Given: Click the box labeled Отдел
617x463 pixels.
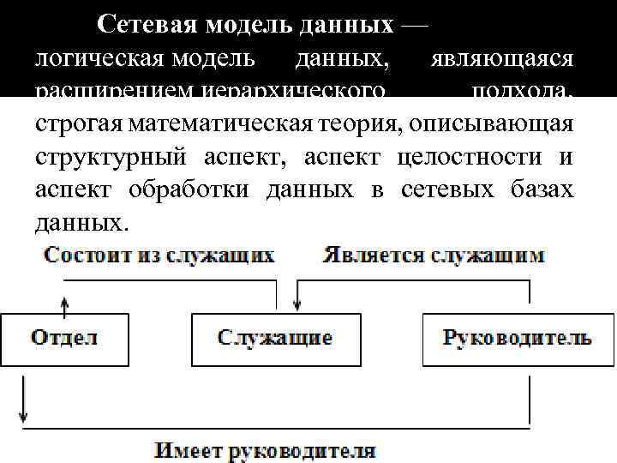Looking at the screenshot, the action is coord(64,339).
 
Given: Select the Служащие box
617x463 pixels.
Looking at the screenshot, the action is coord(275,339).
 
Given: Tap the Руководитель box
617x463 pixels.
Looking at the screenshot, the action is coord(517,339).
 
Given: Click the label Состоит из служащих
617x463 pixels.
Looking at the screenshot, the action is coord(160,256).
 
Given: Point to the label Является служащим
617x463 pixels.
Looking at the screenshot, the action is coord(433,256).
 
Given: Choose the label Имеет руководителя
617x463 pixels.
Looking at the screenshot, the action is coord(265,450).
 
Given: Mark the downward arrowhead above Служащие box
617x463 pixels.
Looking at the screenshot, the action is coord(297,304).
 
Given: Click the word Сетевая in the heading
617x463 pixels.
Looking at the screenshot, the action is coord(147,25).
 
